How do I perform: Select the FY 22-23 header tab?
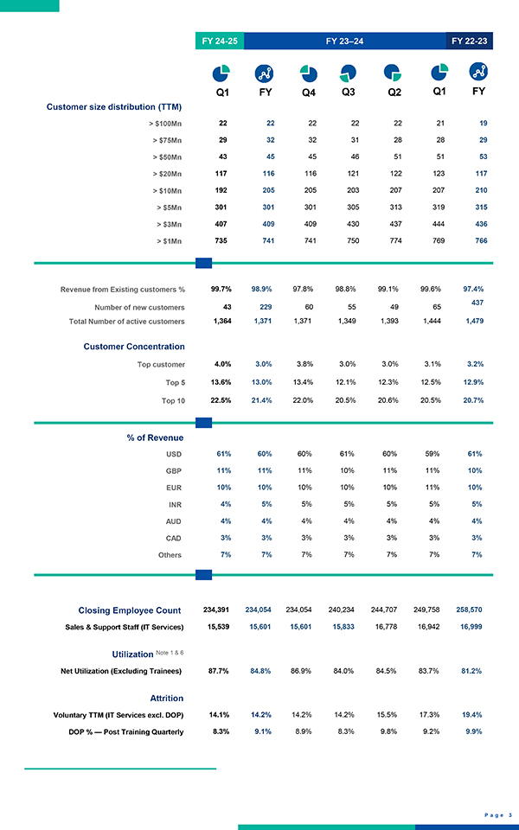(x=470, y=41)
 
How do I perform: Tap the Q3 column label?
(x=349, y=91)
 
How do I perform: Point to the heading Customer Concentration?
(x=133, y=347)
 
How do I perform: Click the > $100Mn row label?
(x=164, y=124)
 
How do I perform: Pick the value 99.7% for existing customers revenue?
(x=221, y=289)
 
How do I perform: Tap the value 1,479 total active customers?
(x=472, y=322)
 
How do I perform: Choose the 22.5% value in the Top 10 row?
(x=221, y=399)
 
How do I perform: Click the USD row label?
(x=174, y=454)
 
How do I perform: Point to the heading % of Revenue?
(x=154, y=437)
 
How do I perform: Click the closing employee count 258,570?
(x=469, y=610)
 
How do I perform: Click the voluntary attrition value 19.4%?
(x=471, y=715)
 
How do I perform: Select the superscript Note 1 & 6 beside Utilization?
(x=171, y=652)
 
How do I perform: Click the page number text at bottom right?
(x=498, y=814)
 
